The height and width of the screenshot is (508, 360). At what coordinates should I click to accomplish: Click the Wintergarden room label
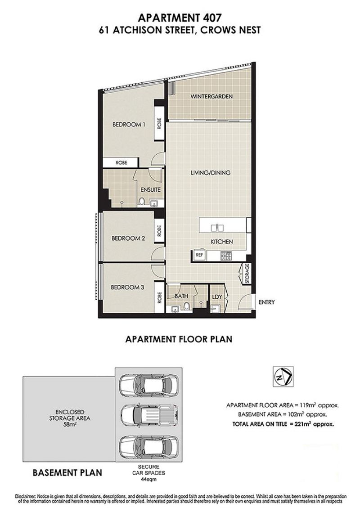211,96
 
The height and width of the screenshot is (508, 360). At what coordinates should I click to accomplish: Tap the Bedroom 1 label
129,124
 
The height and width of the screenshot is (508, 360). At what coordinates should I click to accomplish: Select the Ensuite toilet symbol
142,202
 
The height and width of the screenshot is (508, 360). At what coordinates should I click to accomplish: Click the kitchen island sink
217,227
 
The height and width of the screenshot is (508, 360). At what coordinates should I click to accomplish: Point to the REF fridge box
199,255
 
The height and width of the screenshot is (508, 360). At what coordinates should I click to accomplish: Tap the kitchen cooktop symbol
226,256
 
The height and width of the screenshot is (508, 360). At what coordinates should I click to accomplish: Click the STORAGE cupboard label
247,274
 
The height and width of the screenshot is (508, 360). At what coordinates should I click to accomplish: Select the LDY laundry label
217,297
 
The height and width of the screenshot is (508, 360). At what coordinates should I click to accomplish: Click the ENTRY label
267,302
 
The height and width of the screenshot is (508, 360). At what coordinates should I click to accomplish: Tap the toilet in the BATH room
187,306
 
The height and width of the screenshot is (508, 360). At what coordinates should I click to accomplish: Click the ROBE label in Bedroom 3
159,297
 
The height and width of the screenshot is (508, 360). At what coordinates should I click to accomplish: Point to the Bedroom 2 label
128,238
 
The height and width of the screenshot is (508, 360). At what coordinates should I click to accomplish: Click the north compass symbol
283,376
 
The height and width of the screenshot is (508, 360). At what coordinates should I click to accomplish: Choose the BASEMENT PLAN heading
67,473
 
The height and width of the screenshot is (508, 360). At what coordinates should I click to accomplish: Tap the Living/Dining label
211,173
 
